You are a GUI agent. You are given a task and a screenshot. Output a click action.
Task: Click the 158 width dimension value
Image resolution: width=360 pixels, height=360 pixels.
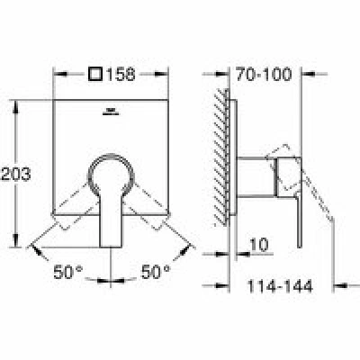click(x=121, y=74)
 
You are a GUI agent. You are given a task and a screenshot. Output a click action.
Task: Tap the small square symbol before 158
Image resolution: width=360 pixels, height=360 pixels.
click(x=96, y=74)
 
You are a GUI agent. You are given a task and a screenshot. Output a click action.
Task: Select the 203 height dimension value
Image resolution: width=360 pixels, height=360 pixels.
click(x=15, y=174)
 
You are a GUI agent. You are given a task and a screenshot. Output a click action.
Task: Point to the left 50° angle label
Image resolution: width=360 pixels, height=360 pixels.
click(x=67, y=272)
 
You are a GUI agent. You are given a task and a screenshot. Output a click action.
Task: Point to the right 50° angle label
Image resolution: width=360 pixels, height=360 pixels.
click(x=156, y=272)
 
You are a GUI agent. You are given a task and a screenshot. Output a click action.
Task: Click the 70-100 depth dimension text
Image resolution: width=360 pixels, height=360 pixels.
click(x=264, y=74)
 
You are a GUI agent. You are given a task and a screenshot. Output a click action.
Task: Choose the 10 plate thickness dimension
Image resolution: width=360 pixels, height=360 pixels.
click(x=258, y=245)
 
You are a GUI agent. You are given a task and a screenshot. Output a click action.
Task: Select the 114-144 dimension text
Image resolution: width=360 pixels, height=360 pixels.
click(x=280, y=286)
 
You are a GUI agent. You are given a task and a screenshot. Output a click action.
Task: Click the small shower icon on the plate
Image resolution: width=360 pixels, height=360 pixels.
click(x=111, y=112)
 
